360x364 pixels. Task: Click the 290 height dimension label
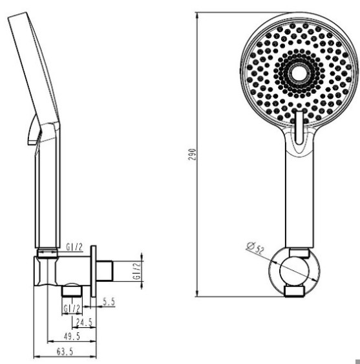tap(192, 155)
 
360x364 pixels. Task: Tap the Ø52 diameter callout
tap(255, 248)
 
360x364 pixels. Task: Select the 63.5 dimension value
tap(65, 352)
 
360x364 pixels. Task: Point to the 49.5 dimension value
tap(72, 336)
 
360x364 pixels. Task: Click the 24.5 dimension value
tap(84, 322)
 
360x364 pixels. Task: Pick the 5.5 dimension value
tap(109, 302)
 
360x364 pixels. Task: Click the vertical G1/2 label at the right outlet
tap(137, 271)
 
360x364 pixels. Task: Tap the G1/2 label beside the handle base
tap(74, 247)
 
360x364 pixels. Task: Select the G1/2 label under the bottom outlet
tap(72, 309)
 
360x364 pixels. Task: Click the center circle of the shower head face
tap(299, 73)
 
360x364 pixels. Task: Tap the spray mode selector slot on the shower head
tap(299, 127)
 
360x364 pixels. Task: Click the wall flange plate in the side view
tap(93, 271)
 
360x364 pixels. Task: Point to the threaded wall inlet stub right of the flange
tap(105, 271)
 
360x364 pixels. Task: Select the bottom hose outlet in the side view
tap(72, 291)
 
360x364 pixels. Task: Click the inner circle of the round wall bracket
tap(294, 271)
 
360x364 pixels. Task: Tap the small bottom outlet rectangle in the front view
tap(294, 292)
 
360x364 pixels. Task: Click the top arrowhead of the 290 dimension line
tap(197, 16)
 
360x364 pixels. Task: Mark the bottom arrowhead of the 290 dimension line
tap(197, 293)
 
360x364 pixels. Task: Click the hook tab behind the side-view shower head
tap(34, 130)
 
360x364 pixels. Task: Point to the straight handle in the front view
tap(299, 200)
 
